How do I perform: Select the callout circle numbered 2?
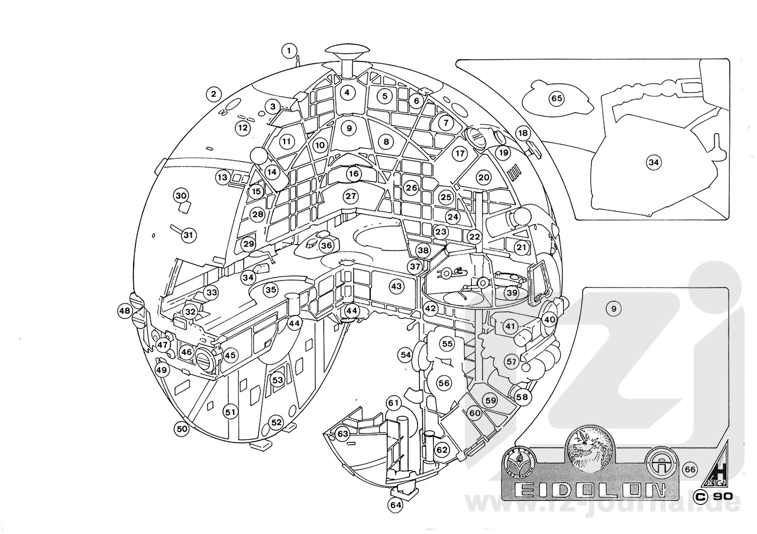click(213, 93)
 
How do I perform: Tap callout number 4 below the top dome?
click(347, 92)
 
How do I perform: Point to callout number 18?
click(522, 133)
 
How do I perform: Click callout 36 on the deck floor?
click(327, 245)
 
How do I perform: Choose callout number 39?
click(511, 292)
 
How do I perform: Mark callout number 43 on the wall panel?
click(396, 286)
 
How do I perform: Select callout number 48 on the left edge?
click(124, 311)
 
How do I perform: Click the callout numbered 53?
click(277, 380)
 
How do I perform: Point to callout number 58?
click(522, 397)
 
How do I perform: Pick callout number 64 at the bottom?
click(395, 505)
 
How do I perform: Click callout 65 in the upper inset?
click(556, 99)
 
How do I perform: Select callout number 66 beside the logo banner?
click(689, 469)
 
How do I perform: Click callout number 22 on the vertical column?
click(474, 236)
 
